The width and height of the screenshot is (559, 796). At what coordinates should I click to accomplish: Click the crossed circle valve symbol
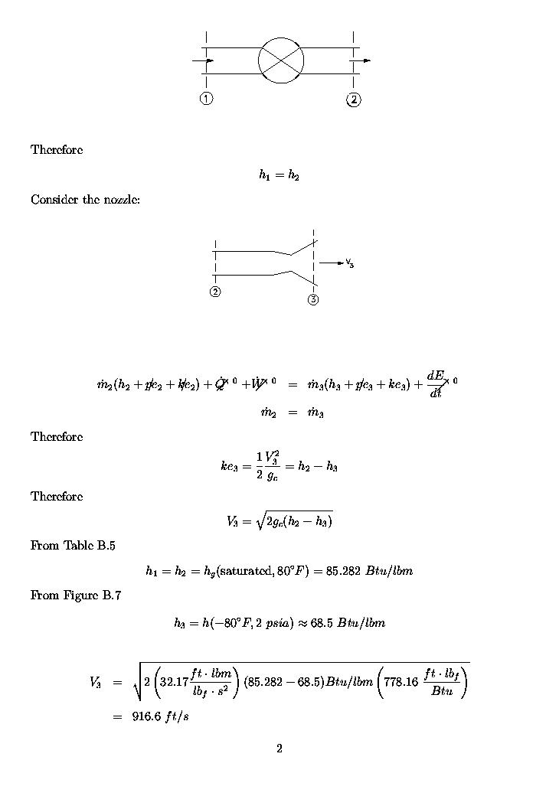point(281,60)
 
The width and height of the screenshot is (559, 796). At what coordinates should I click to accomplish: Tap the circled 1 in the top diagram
point(206,98)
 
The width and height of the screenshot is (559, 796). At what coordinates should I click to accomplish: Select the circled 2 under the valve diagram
point(353,99)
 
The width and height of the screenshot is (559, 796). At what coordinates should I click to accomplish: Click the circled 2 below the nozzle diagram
point(215,292)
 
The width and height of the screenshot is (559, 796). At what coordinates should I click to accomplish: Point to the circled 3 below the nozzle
point(313,299)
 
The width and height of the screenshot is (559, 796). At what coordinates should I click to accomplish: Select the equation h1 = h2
point(279,176)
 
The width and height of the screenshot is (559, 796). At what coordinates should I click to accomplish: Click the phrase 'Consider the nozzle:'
point(85,200)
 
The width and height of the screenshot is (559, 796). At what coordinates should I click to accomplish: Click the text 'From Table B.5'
point(73,546)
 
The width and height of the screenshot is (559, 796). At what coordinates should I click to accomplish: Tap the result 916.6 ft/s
point(156,716)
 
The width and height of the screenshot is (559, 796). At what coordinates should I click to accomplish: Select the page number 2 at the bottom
point(279,749)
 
